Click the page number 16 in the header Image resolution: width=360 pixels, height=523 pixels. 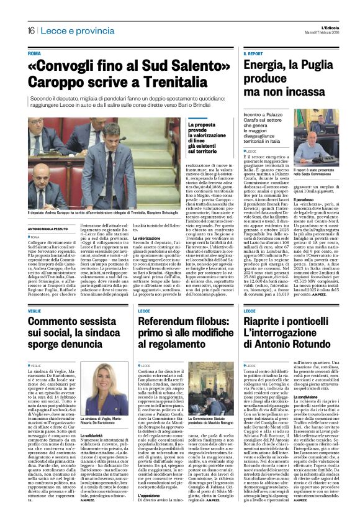tap(30, 31)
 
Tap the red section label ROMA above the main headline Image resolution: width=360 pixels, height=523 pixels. tap(35, 54)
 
